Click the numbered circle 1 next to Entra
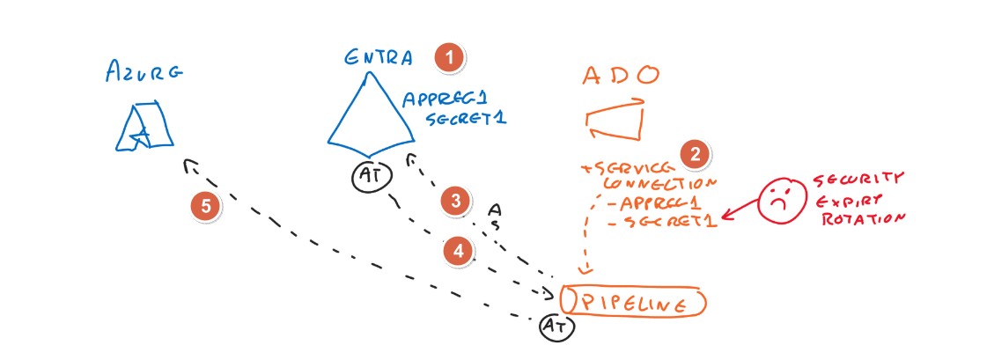(450, 58)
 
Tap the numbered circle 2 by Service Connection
(696, 154)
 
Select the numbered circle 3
(455, 201)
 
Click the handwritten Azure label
(143, 71)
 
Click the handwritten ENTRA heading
(379, 59)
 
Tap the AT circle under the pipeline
(557, 327)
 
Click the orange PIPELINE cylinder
(631, 301)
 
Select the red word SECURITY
(858, 178)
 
